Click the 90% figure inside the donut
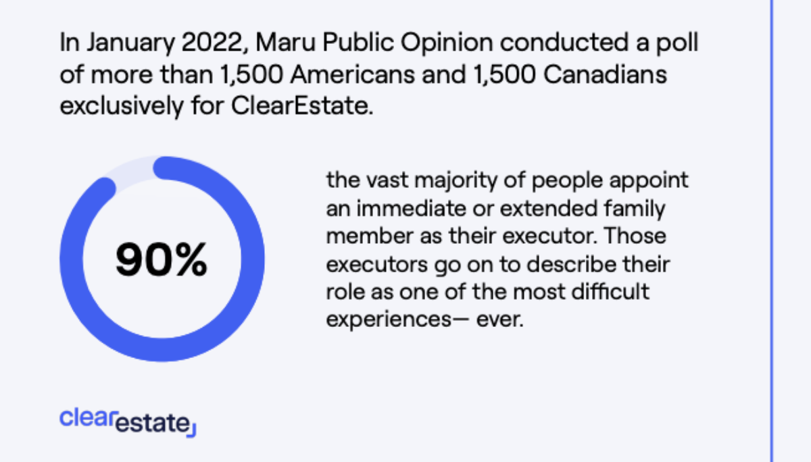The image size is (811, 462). (x=162, y=261)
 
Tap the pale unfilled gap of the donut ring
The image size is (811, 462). (x=129, y=170)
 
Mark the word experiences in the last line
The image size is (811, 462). (x=384, y=319)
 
